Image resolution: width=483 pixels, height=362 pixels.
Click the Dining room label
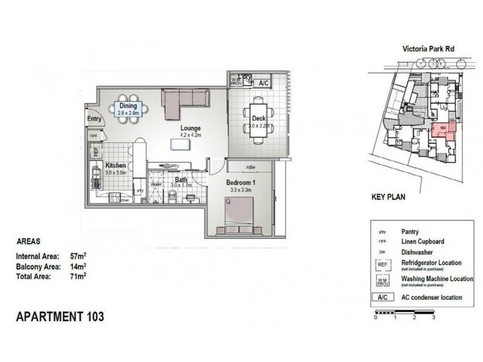[128, 106]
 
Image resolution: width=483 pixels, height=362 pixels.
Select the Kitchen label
[115, 165]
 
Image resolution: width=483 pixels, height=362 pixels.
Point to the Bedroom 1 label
[241, 183]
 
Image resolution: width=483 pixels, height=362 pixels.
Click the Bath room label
[181, 179]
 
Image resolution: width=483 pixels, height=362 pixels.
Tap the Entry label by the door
[94, 119]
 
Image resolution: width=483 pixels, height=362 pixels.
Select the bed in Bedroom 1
[240, 214]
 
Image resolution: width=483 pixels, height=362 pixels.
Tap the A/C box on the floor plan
[263, 83]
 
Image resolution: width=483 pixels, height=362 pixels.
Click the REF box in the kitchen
[95, 151]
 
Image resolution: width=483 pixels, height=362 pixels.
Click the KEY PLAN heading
[388, 197]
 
